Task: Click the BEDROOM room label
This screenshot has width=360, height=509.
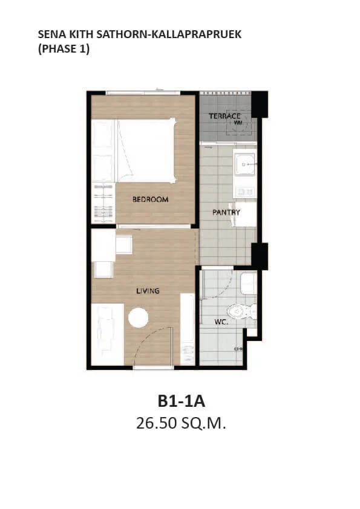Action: point(150,199)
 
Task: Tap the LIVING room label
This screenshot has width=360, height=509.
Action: point(148,291)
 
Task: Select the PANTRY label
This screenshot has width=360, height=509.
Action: point(226,212)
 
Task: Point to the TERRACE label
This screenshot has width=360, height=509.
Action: point(224,116)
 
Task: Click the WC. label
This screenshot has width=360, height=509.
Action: point(221,322)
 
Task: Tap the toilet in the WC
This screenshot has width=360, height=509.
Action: point(241,312)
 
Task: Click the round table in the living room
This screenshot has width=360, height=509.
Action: point(138,318)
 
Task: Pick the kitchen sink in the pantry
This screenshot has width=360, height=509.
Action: point(245,164)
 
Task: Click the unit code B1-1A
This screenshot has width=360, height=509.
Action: point(182,401)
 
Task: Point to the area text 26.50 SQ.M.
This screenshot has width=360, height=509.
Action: point(181,423)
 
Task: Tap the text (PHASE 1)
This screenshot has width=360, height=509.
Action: point(64,49)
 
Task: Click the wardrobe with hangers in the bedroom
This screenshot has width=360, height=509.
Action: point(103,203)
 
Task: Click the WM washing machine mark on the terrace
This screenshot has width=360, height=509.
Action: point(238,123)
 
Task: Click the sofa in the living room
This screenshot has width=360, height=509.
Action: point(108,334)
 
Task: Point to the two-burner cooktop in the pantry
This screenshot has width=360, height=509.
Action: point(245,192)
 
